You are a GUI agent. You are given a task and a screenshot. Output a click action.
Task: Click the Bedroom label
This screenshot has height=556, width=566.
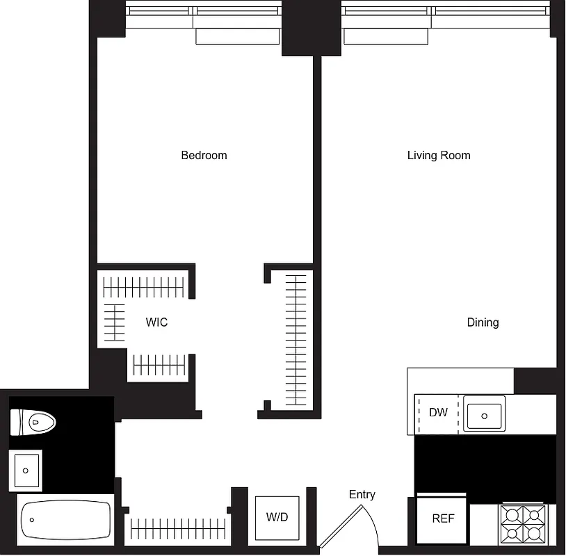[204, 155]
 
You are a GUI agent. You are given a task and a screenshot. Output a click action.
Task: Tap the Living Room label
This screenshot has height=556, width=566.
[439, 155]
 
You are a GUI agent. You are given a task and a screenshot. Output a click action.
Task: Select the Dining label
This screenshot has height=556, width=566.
[483, 322]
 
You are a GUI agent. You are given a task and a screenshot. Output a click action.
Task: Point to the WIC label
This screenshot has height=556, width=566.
[156, 322]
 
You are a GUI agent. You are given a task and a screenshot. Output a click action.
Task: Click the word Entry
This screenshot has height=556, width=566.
[362, 494]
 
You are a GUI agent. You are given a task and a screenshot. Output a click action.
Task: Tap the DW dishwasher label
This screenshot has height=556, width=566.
[438, 413]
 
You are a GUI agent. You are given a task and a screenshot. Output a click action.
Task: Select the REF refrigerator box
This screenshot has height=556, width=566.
[443, 518]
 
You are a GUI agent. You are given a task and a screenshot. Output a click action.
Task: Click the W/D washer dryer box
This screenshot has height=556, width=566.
[277, 518]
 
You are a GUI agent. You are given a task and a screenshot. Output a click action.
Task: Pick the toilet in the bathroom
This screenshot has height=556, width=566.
[33, 420]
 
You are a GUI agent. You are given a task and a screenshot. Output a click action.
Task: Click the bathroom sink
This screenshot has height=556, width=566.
[26, 470]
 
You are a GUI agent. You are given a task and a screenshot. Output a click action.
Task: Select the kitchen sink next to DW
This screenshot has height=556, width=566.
[485, 414]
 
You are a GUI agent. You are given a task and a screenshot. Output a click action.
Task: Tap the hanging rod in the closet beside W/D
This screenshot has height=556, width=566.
[179, 528]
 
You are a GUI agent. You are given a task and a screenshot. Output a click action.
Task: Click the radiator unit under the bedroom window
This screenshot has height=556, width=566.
[237, 37]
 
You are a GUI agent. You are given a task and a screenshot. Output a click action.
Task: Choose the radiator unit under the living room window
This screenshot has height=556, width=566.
[385, 37]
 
